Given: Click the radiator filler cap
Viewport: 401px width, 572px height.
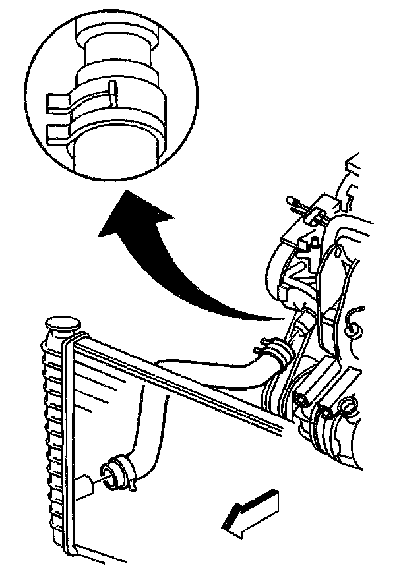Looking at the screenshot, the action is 62,326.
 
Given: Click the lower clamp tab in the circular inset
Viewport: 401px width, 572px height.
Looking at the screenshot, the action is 57,130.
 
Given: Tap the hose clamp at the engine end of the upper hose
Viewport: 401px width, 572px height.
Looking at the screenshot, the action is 276,353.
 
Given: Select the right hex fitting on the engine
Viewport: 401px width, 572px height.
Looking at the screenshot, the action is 327,414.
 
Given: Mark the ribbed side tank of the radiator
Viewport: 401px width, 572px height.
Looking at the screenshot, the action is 53,428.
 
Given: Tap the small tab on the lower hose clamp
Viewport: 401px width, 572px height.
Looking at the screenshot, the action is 134,488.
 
